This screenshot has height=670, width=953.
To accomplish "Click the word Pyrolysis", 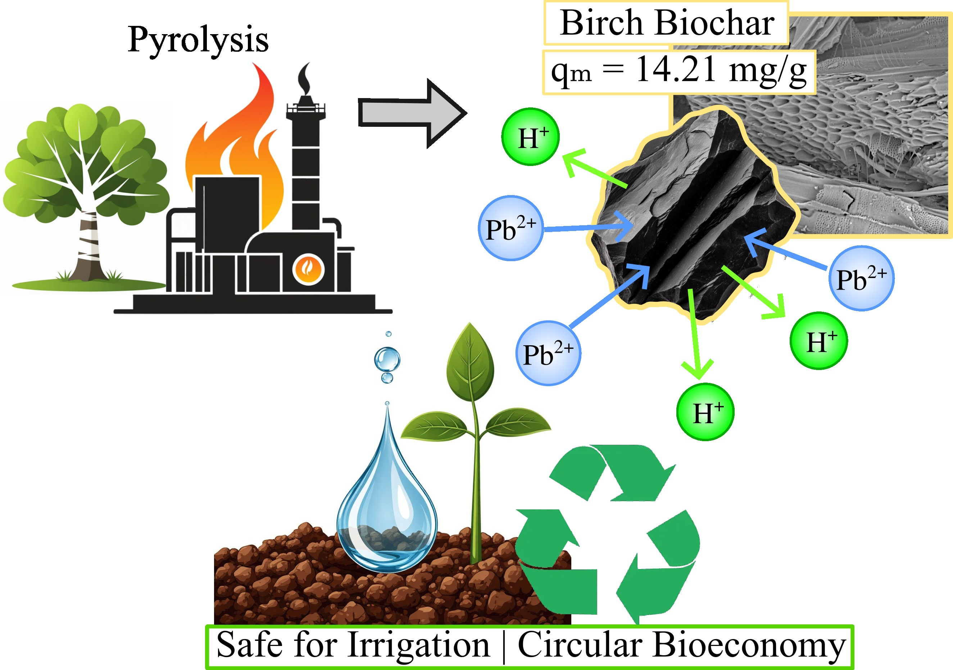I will coord(198,40).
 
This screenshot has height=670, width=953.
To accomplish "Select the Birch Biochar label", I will coord(666,23).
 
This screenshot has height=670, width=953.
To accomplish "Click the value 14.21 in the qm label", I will coord(676,69).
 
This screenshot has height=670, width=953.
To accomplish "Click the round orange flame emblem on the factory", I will coord(308,269).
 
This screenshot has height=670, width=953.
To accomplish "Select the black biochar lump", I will coord(689,216).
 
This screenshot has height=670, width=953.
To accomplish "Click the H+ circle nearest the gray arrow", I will coord(530,137).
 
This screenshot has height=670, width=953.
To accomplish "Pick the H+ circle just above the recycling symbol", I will coord(705,412).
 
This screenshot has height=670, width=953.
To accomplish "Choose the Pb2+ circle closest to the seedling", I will coord(548,353).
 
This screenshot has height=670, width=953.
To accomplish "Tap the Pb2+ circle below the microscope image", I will coord(861,278).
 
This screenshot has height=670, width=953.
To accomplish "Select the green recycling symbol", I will coord(608,535).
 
